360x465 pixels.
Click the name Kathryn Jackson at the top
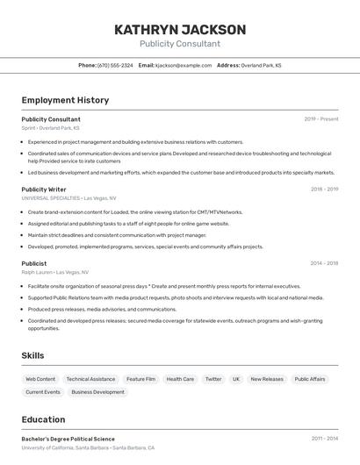pyautogui.click(x=179, y=29)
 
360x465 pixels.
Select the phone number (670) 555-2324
pyautogui.click(x=115, y=65)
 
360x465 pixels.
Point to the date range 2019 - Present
pyautogui.click(x=321, y=119)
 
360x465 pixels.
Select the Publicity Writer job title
pyautogui.click(x=44, y=189)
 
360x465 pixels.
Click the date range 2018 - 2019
pyautogui.click(x=324, y=189)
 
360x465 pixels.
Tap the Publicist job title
pyautogui.click(x=34, y=263)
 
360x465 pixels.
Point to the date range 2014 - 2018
pyautogui.click(x=324, y=263)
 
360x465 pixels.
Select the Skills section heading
pyautogui.click(x=33, y=355)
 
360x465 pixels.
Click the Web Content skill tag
pyautogui.click(x=40, y=379)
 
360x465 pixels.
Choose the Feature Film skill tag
pyautogui.click(x=140, y=379)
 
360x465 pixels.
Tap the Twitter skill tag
pyautogui.click(x=213, y=379)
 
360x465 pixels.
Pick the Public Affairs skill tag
pyautogui.click(x=310, y=379)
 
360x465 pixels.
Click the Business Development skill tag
pyautogui.click(x=97, y=392)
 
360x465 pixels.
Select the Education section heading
pyautogui.click(x=43, y=419)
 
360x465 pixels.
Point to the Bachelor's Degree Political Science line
pyautogui.click(x=68, y=439)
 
